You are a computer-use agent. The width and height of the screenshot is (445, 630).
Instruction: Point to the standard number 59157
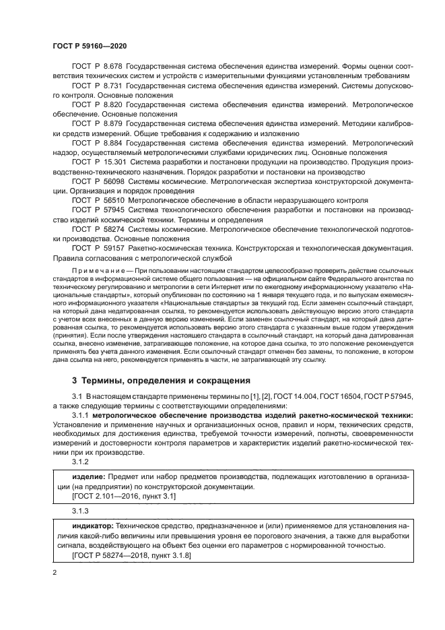113,248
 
